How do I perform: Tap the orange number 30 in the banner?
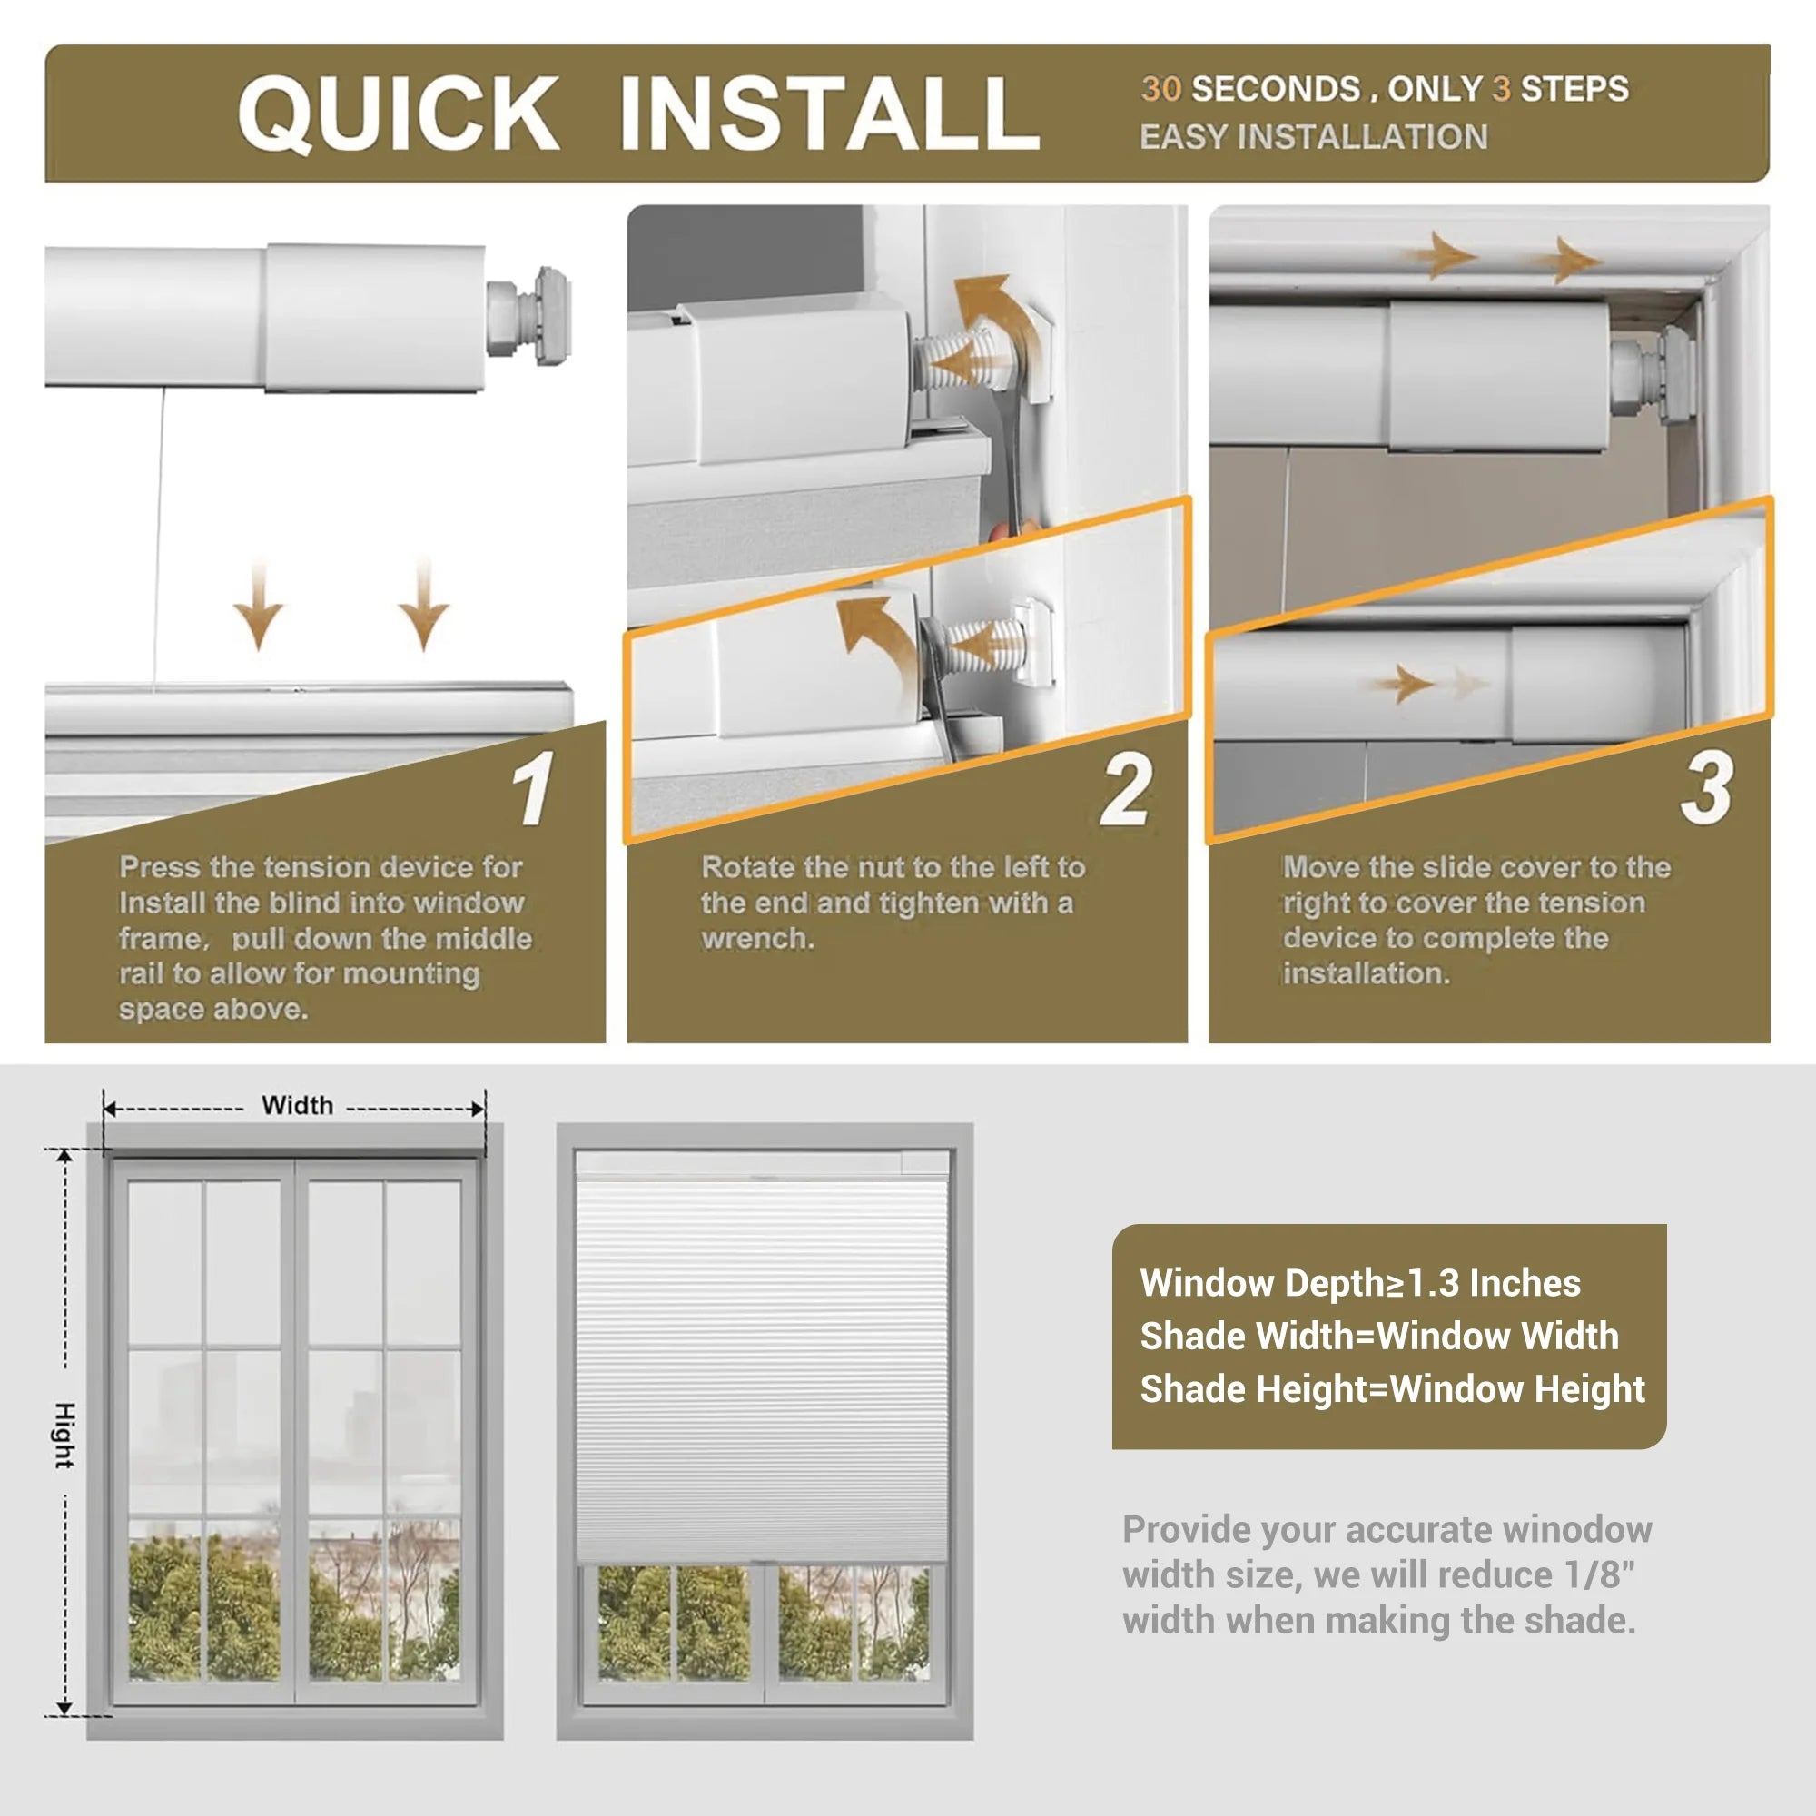click(x=1160, y=89)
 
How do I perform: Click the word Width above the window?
click(x=297, y=1105)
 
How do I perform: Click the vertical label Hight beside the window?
click(x=64, y=1436)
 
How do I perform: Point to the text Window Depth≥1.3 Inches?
click(x=1360, y=1284)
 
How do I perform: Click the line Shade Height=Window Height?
click(x=1392, y=1389)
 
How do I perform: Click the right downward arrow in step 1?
click(x=423, y=605)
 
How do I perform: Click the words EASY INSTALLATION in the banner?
click(x=1313, y=137)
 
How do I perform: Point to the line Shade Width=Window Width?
click(x=1379, y=1337)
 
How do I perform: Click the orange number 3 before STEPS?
click(x=1501, y=89)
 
